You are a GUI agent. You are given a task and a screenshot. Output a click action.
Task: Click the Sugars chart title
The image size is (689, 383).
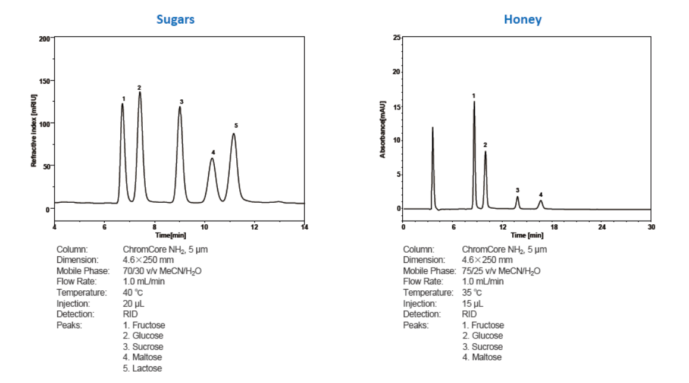point(175,19)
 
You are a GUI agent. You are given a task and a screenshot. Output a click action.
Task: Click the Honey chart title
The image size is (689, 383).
point(522,19)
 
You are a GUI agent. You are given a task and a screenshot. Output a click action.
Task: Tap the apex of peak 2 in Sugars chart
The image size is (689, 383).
point(140,92)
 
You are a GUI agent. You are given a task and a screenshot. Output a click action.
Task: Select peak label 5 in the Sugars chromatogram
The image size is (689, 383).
point(236,125)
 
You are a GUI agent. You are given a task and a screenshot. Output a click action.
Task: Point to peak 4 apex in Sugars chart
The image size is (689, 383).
point(212,158)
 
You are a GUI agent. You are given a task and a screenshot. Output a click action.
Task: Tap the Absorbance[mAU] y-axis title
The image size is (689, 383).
point(383,129)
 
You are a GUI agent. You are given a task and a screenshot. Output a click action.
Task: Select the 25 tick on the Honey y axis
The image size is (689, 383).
point(396,38)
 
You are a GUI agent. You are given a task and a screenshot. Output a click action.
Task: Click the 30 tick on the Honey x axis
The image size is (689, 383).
point(652,227)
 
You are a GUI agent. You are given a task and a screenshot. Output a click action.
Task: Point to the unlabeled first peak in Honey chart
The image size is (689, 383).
point(433,128)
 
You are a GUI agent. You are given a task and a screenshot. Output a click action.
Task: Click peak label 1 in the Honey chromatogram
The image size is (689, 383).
point(474,95)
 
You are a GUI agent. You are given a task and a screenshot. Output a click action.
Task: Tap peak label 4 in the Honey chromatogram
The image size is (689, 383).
point(541,194)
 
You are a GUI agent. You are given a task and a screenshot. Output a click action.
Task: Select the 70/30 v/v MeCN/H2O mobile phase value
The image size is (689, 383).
point(162,271)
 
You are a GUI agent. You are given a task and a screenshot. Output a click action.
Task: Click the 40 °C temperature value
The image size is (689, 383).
point(133,292)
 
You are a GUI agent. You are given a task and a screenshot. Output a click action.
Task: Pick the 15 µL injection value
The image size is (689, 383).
point(473,303)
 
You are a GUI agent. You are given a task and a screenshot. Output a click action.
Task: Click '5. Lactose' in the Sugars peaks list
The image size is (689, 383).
point(143,368)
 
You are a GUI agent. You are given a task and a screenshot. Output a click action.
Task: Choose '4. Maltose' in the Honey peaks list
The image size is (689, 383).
point(482,357)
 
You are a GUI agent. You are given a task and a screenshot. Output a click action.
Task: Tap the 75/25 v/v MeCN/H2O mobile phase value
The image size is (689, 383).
point(501,271)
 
